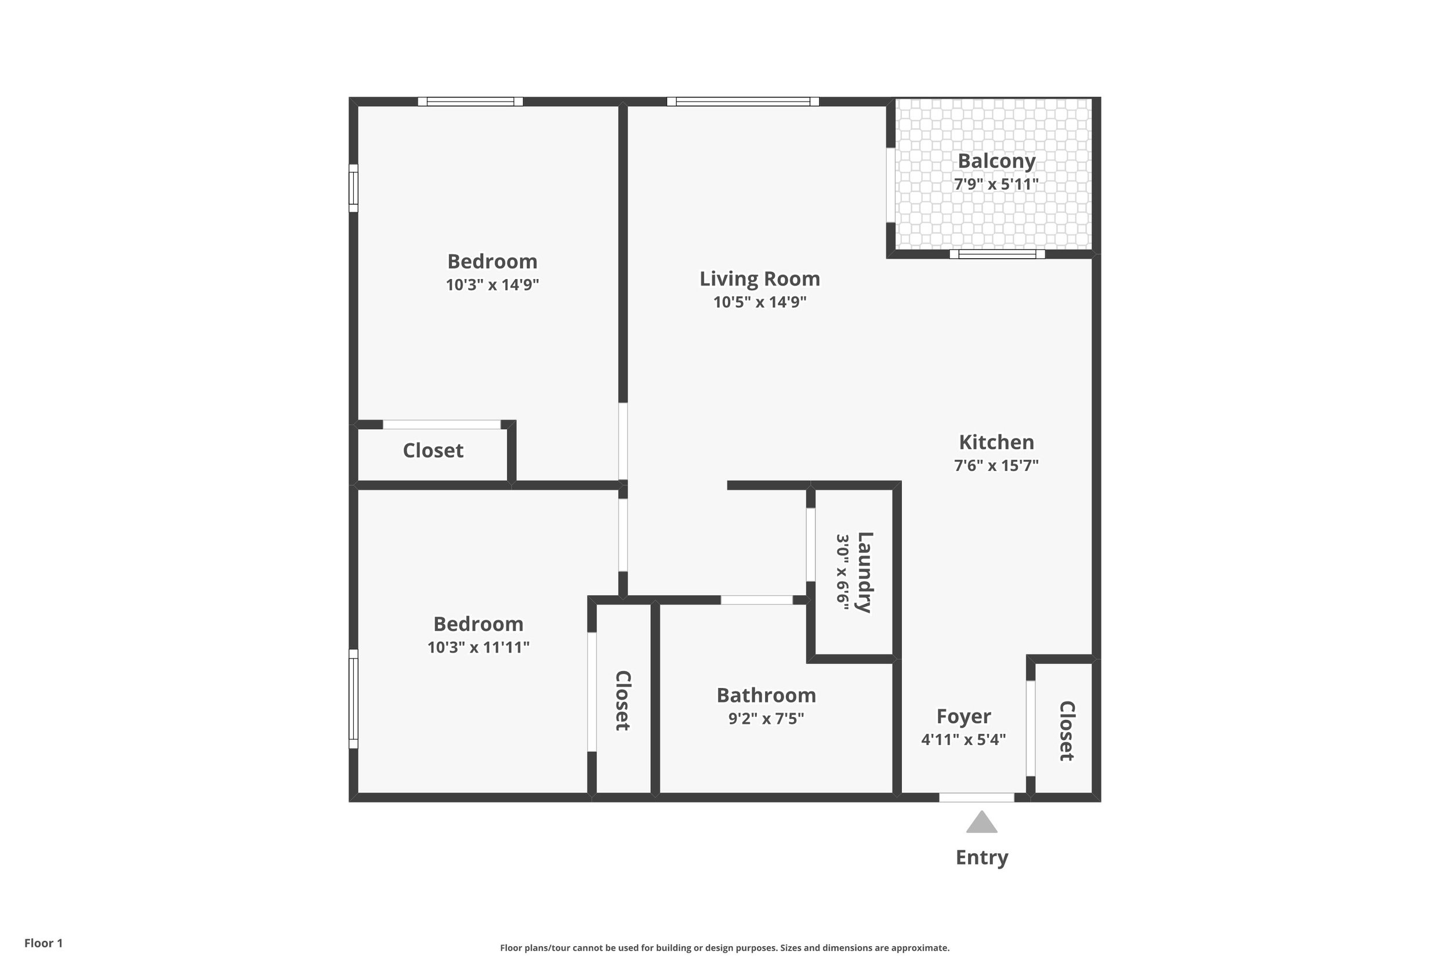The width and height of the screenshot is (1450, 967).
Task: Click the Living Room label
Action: click(x=760, y=279)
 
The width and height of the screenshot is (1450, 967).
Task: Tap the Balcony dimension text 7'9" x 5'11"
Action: click(x=996, y=184)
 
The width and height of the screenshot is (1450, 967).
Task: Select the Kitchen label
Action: click(x=996, y=442)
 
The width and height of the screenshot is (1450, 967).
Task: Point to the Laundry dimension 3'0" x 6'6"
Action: click(x=843, y=573)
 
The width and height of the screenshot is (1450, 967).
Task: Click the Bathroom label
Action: click(x=766, y=695)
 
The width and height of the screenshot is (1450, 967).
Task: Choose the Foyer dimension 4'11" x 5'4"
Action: click(x=963, y=740)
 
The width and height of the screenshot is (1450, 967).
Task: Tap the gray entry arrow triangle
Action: click(x=981, y=823)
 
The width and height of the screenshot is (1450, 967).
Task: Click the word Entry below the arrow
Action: click(x=981, y=857)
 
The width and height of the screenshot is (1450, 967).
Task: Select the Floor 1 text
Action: click(x=43, y=943)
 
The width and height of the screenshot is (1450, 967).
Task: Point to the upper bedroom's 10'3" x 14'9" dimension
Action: click(x=492, y=285)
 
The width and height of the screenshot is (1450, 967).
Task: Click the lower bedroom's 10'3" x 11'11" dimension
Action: click(x=478, y=647)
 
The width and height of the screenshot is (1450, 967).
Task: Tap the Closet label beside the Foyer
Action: click(x=1067, y=731)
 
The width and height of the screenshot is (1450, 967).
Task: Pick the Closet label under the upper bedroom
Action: click(x=433, y=451)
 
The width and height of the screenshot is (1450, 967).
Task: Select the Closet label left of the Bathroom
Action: click(x=623, y=701)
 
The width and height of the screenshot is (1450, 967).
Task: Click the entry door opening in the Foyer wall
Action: click(x=977, y=798)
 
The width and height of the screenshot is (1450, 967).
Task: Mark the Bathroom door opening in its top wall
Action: click(x=756, y=600)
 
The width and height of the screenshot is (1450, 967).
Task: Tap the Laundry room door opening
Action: click(x=811, y=544)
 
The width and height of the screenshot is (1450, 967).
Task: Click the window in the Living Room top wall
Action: click(x=743, y=102)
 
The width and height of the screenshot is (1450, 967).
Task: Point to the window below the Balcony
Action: click(x=997, y=254)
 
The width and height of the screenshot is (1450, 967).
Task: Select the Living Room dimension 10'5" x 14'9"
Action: click(x=760, y=302)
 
